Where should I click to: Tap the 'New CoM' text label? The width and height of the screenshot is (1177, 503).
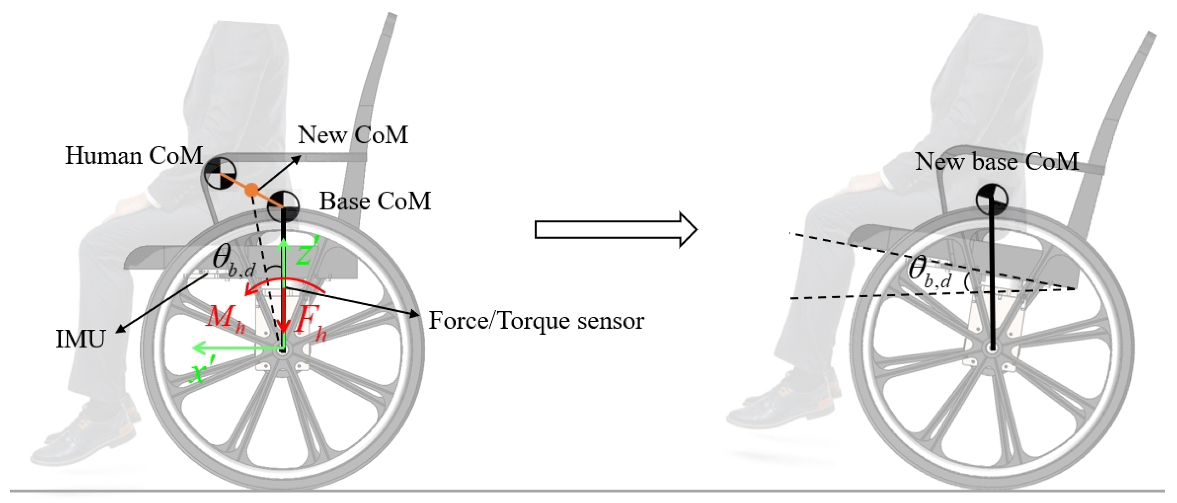coord(353,135)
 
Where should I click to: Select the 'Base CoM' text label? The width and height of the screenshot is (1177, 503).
coord(375,201)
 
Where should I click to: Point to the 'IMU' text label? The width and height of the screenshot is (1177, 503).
coord(80,340)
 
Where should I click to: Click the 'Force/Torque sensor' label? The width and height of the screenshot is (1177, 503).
coord(536,321)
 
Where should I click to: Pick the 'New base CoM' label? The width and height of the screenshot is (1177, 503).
coord(997,162)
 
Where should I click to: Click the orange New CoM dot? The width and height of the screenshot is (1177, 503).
coord(251,190)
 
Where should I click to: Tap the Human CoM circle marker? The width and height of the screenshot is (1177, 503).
coord(220,174)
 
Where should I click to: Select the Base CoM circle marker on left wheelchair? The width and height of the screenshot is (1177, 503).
coord(283,206)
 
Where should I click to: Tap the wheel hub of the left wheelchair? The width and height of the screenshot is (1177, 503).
coord(282,350)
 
